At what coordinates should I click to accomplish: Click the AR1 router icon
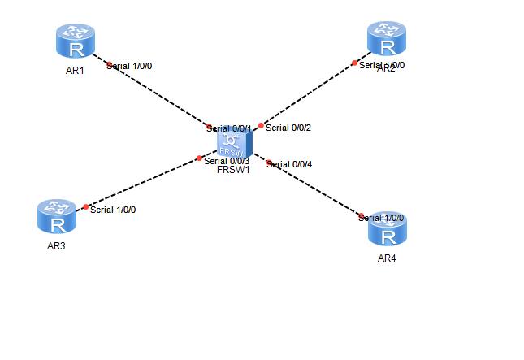pyautogui.click(x=76, y=41)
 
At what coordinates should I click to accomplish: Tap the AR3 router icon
pyautogui.click(x=57, y=217)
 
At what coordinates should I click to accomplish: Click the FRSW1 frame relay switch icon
pyautogui.click(x=234, y=143)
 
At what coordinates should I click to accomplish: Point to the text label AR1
pyautogui.click(x=76, y=71)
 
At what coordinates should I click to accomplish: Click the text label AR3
pyautogui.click(x=56, y=246)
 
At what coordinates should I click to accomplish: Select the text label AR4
pyautogui.click(x=388, y=258)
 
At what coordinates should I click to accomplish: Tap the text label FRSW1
pyautogui.click(x=233, y=170)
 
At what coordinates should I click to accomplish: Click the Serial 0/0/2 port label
pyautogui.click(x=290, y=128)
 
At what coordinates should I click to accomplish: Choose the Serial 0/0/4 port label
pyautogui.click(x=290, y=164)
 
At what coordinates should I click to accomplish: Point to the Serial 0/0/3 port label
pyautogui.click(x=227, y=161)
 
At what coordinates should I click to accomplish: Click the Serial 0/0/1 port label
pyautogui.click(x=230, y=128)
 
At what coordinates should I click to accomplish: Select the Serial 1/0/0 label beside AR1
pyautogui.click(x=129, y=66)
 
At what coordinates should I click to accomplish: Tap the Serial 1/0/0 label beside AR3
pyautogui.click(x=113, y=210)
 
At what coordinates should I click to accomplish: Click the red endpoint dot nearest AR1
pyautogui.click(x=107, y=61)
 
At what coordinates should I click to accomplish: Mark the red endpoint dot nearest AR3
pyautogui.click(x=86, y=206)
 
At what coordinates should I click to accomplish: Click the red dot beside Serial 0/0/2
pyautogui.click(x=261, y=125)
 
